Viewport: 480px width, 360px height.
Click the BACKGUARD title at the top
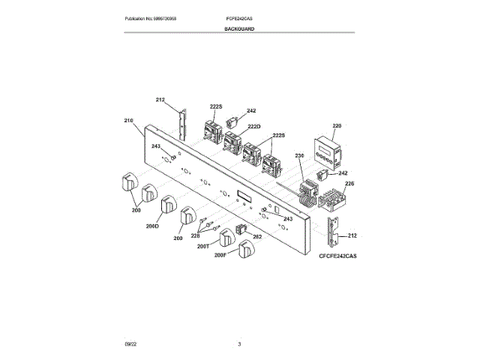click(x=239, y=28)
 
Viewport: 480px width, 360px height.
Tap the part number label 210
click(x=127, y=120)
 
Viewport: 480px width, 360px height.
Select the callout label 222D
click(x=253, y=127)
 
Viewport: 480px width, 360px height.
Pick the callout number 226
click(x=349, y=183)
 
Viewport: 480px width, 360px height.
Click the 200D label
click(x=154, y=225)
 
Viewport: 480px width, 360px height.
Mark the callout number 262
click(x=256, y=237)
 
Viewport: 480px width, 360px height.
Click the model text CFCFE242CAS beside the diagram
click(x=337, y=256)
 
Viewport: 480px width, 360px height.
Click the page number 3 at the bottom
click(x=239, y=343)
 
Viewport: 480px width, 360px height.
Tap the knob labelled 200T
click(x=226, y=239)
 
